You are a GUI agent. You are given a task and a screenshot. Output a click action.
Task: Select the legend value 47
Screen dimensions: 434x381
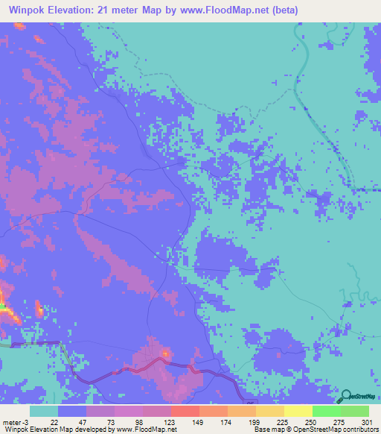[83, 421]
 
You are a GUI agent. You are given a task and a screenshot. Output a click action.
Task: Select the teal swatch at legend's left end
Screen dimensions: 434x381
[44, 411]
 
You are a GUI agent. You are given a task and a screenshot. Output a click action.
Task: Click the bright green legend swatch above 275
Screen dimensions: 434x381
[326, 411]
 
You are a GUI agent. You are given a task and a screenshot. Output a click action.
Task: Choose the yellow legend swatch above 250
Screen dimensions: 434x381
[298, 411]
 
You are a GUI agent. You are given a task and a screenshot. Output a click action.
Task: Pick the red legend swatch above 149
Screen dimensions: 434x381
[185, 411]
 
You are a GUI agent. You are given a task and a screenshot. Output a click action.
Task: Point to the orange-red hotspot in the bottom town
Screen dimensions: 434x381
[165, 351]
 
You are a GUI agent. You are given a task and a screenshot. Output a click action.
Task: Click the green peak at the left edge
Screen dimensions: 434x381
[2, 306]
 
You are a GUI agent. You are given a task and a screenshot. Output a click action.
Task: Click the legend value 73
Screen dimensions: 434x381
[111, 421]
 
